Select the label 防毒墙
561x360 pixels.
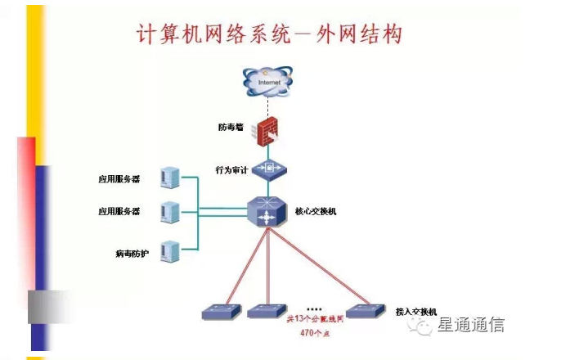pyautogui.click(x=231, y=128)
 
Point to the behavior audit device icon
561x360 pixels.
pyautogui.click(x=268, y=169)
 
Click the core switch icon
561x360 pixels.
pyautogui.click(x=268, y=212)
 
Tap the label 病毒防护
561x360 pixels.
pyautogui.click(x=131, y=254)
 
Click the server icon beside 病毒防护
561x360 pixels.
pyautogui.click(x=170, y=251)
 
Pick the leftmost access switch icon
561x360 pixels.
pyautogui.click(x=219, y=311)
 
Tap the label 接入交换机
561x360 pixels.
pyautogui.click(x=416, y=312)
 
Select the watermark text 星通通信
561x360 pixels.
pyautogui.click(x=471, y=325)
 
